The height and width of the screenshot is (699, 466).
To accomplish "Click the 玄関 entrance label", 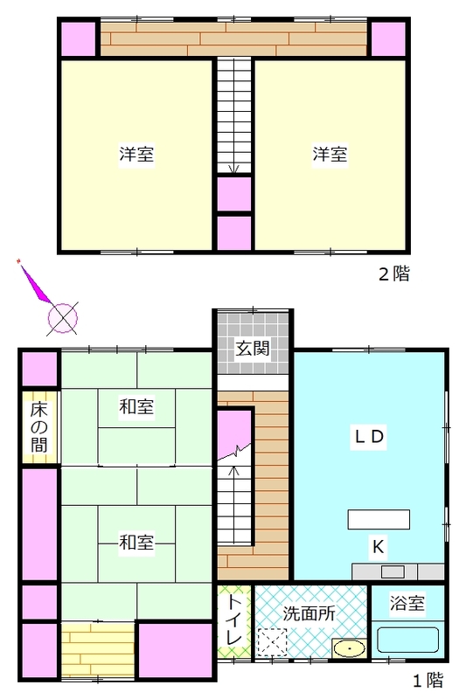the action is click(253, 348).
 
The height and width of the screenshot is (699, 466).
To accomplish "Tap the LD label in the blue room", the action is click(369, 436).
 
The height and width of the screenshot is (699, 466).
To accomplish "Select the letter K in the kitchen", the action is click(378, 546).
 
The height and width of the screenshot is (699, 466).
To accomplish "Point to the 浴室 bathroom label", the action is click(407, 603).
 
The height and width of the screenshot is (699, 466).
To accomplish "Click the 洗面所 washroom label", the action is click(309, 613).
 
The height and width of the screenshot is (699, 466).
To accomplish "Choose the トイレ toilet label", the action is click(234, 620).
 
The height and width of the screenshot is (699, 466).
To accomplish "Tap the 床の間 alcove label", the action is click(39, 427).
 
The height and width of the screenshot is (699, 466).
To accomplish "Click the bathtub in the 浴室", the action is click(408, 640).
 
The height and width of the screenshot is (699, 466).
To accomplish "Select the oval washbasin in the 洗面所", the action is click(349, 647).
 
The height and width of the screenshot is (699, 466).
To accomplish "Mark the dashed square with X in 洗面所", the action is click(272, 642).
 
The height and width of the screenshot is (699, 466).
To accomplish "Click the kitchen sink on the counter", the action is click(393, 571).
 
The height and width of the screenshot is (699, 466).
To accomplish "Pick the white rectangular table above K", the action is click(379, 519).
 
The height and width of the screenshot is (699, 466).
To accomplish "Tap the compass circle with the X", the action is click(62, 318).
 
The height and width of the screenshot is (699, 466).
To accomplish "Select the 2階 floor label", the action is click(394, 273).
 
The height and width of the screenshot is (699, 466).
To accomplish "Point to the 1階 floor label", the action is click(428, 681).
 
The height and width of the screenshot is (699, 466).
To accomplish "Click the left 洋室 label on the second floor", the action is click(136, 155).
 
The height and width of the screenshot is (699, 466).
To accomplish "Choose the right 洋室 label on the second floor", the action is click(330, 155).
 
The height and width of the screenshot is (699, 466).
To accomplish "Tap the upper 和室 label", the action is click(136, 406).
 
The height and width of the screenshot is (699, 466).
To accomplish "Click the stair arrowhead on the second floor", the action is click(234, 169).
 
